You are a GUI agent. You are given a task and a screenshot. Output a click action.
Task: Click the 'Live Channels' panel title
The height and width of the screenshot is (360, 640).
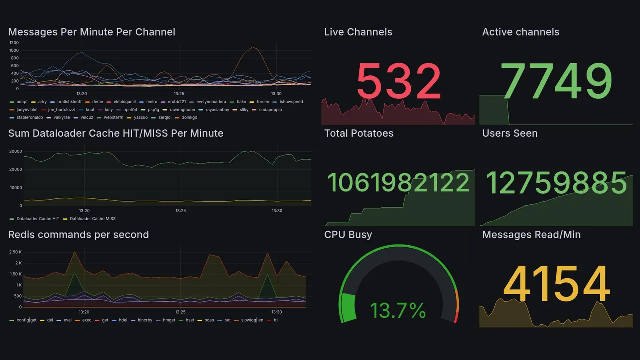(x=358, y=32)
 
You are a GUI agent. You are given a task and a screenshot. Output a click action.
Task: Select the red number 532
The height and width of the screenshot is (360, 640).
(x=398, y=82)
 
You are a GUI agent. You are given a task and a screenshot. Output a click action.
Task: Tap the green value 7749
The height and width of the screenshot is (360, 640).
(x=557, y=82)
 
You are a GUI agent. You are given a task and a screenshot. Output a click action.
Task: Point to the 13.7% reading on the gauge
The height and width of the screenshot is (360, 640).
(x=398, y=311)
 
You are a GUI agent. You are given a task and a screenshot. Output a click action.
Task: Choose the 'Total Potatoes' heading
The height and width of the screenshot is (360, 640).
(x=359, y=133)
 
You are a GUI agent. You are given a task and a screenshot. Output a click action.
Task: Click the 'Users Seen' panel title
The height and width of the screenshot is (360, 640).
(x=510, y=133)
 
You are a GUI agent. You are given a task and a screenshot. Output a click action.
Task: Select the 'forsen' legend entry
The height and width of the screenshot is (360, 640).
(x=263, y=102)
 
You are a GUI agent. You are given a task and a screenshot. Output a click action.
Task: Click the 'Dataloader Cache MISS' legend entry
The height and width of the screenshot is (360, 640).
(x=92, y=219)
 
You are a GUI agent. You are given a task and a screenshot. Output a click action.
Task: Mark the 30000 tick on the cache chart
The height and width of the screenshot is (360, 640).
(x=15, y=151)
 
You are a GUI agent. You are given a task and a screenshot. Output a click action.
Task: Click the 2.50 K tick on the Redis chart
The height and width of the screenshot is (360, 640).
(x=15, y=252)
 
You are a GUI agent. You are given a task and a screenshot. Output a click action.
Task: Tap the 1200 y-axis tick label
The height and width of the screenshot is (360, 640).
(x=14, y=43)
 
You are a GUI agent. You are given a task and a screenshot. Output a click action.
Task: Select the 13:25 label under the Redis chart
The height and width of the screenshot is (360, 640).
(x=181, y=312)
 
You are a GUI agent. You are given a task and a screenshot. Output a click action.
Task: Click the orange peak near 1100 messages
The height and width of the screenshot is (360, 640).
(x=253, y=47)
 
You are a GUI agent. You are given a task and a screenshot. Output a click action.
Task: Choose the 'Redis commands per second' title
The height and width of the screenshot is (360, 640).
(x=78, y=235)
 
